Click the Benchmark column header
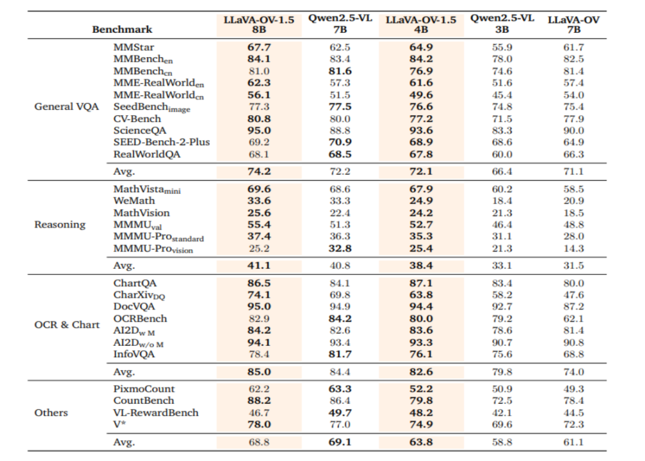point(122,29)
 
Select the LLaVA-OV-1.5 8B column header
point(259,24)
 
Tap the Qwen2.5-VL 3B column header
point(502,24)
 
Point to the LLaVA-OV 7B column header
point(573,24)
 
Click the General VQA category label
point(67,107)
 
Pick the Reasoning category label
point(60,225)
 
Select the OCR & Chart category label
point(67,324)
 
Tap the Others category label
point(51,413)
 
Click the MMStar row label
point(134,47)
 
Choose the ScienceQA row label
point(140,131)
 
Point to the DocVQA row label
point(134,307)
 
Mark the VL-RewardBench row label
point(156,413)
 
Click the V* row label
point(119,424)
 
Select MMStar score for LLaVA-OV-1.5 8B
point(259,47)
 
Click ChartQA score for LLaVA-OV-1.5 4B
point(421,283)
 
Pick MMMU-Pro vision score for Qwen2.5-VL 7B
point(340,248)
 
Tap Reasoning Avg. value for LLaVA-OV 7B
point(573,265)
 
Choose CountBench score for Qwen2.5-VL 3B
point(502,401)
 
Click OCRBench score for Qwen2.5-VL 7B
point(340,318)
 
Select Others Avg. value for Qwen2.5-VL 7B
point(340,442)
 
